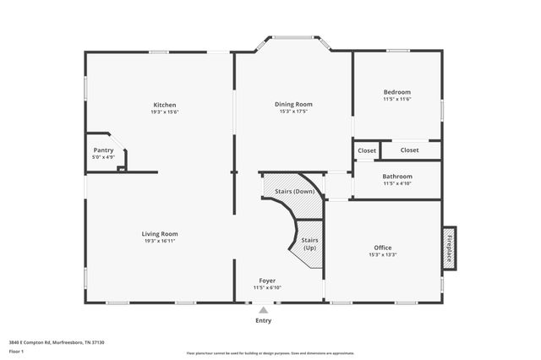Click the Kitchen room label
coord(164,105)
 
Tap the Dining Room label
coord(293,105)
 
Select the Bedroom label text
coord(396,92)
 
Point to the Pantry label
coord(103,150)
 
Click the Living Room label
coord(159,234)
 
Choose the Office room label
coord(382,248)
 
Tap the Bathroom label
coord(396,177)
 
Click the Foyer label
coord(267,281)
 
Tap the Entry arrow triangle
coord(263,310)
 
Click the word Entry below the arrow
coord(264,321)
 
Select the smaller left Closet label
coord(367,150)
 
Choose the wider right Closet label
coord(409,150)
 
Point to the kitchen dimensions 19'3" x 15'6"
coord(164,112)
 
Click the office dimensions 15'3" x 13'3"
coord(382,254)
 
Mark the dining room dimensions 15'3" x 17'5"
coord(293,112)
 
